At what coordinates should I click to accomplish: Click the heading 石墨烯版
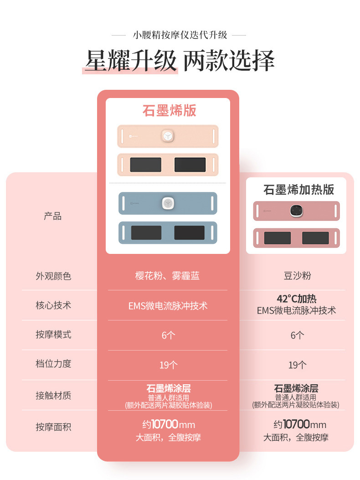tap(169, 111)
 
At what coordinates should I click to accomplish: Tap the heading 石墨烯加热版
tap(298, 190)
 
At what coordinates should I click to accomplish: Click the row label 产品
tap(53, 216)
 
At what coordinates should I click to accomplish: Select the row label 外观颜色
tap(54, 276)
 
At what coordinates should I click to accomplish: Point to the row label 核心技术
tap(54, 305)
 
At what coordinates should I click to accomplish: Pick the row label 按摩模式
tap(54, 335)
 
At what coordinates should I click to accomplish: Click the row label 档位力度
tap(54, 364)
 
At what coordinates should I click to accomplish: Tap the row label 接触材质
tap(54, 395)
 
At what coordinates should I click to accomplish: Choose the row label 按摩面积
tap(54, 427)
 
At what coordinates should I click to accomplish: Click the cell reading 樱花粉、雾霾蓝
tap(168, 276)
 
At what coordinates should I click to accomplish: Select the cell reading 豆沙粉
tap(297, 276)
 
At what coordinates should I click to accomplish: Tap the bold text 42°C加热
tap(297, 299)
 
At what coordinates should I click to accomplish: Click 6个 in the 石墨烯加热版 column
tap(297, 335)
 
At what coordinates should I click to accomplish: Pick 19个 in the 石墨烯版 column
tap(168, 365)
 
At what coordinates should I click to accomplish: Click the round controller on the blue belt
tap(168, 203)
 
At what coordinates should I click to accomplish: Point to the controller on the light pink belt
tap(168, 136)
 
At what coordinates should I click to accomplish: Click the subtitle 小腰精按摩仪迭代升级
tap(180, 35)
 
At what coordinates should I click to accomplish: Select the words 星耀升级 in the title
tap(130, 61)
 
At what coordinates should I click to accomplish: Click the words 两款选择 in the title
tap(229, 61)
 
